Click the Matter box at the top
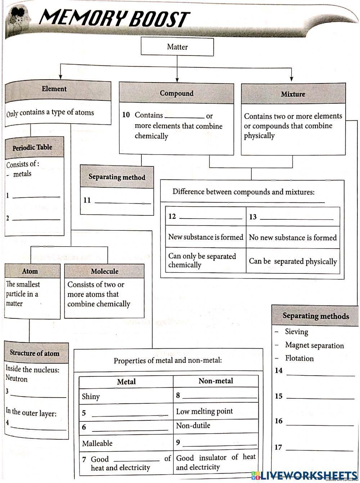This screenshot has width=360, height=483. pyautogui.click(x=177, y=47)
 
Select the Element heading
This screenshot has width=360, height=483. pyautogui.click(x=54, y=89)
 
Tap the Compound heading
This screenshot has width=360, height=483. pyautogui.click(x=176, y=93)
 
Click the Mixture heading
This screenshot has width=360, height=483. pyautogui.click(x=293, y=94)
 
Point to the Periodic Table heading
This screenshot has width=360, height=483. pyautogui.click(x=32, y=147)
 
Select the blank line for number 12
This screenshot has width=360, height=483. pyautogui.click(x=211, y=217)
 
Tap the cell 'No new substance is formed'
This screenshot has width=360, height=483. pyautogui.click(x=293, y=238)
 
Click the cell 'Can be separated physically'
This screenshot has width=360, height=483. pyautogui.click(x=293, y=261)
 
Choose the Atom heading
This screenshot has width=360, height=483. pyautogui.click(x=30, y=271)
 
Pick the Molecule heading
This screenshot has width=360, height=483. pyautogui.click(x=104, y=271)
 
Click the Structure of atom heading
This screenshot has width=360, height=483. pyautogui.click(x=35, y=353)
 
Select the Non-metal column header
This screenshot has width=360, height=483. pyautogui.click(x=216, y=381)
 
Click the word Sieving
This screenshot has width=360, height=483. pyautogui.click(x=297, y=332)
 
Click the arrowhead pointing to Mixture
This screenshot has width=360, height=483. pyautogui.click(x=292, y=79)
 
